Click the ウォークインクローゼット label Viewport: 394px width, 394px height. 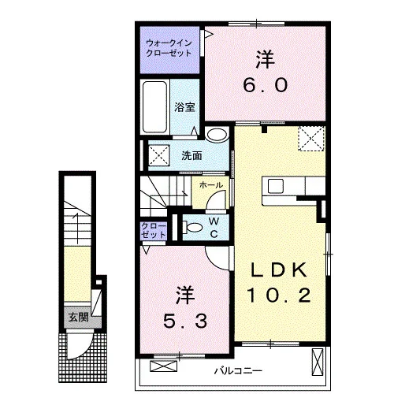(169, 48)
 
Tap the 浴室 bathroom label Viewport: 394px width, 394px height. (184, 107)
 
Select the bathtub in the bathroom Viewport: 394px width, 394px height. (154, 107)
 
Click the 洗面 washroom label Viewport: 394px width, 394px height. (191, 156)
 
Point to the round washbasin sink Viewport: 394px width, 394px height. (217, 135)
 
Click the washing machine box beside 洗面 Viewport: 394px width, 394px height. (159, 155)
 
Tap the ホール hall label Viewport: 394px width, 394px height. (211, 185)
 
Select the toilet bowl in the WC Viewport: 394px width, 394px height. (193, 228)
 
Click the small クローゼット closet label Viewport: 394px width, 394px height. (154, 230)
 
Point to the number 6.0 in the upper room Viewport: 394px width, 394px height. (266, 85)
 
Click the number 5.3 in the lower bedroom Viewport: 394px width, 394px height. (185, 321)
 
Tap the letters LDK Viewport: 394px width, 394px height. (279, 269)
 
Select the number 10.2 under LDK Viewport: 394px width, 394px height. (279, 295)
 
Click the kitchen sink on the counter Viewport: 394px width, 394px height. (276, 186)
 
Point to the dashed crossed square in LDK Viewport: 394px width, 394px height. (311, 139)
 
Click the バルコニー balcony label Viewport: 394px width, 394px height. (238, 371)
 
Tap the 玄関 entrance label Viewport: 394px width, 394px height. (78, 318)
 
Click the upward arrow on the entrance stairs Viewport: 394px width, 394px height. (77, 228)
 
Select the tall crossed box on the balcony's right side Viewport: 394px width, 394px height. (318, 362)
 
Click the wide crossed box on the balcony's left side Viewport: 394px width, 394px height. (163, 366)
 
